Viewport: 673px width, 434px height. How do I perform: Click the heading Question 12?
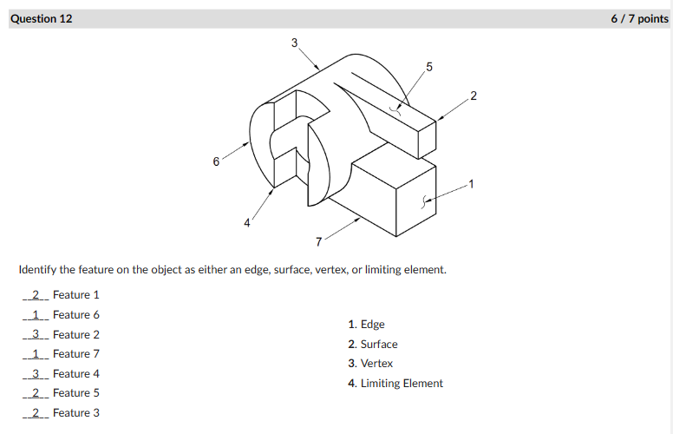(42, 18)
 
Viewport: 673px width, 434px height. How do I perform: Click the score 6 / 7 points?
(639, 18)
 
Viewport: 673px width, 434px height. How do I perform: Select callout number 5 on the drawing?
(429, 67)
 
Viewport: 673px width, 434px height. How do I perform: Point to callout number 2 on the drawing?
(473, 94)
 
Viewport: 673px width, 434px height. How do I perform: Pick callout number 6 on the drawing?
(216, 161)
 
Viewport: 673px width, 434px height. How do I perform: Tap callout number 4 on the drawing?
(246, 223)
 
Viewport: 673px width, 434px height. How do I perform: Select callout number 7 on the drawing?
(318, 240)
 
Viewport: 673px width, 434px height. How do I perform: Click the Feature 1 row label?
(76, 295)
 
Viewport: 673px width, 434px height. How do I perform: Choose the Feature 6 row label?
(76, 315)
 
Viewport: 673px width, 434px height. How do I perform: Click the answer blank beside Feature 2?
(36, 334)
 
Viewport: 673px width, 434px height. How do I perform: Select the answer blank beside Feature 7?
(36, 354)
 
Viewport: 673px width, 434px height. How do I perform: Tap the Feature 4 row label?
(76, 374)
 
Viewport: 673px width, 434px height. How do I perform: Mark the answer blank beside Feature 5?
(36, 393)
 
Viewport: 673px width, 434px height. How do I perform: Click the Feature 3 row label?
(76, 413)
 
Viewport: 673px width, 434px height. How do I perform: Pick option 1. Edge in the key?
(366, 325)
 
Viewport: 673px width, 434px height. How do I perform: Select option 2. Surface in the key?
(373, 345)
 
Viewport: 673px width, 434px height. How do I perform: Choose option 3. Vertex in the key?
(370, 364)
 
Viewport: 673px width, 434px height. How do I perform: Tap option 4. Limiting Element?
(395, 384)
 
